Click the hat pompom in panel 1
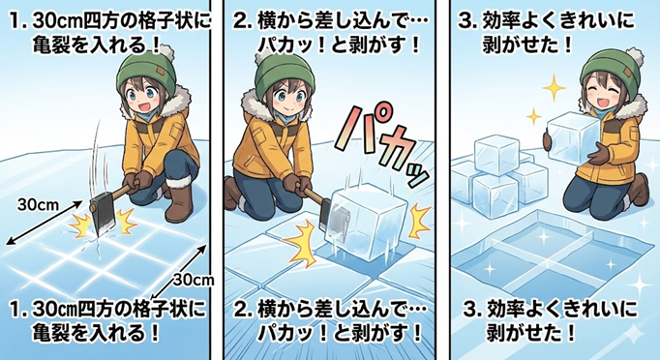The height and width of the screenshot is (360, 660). [x=165, y=52]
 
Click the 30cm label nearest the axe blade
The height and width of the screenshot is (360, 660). [x=39, y=205]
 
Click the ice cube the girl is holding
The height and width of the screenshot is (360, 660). [x=574, y=139]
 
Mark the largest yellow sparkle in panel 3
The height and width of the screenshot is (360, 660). [x=554, y=87]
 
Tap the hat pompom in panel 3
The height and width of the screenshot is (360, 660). [x=634, y=56]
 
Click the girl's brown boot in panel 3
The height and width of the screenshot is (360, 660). [x=640, y=189]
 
